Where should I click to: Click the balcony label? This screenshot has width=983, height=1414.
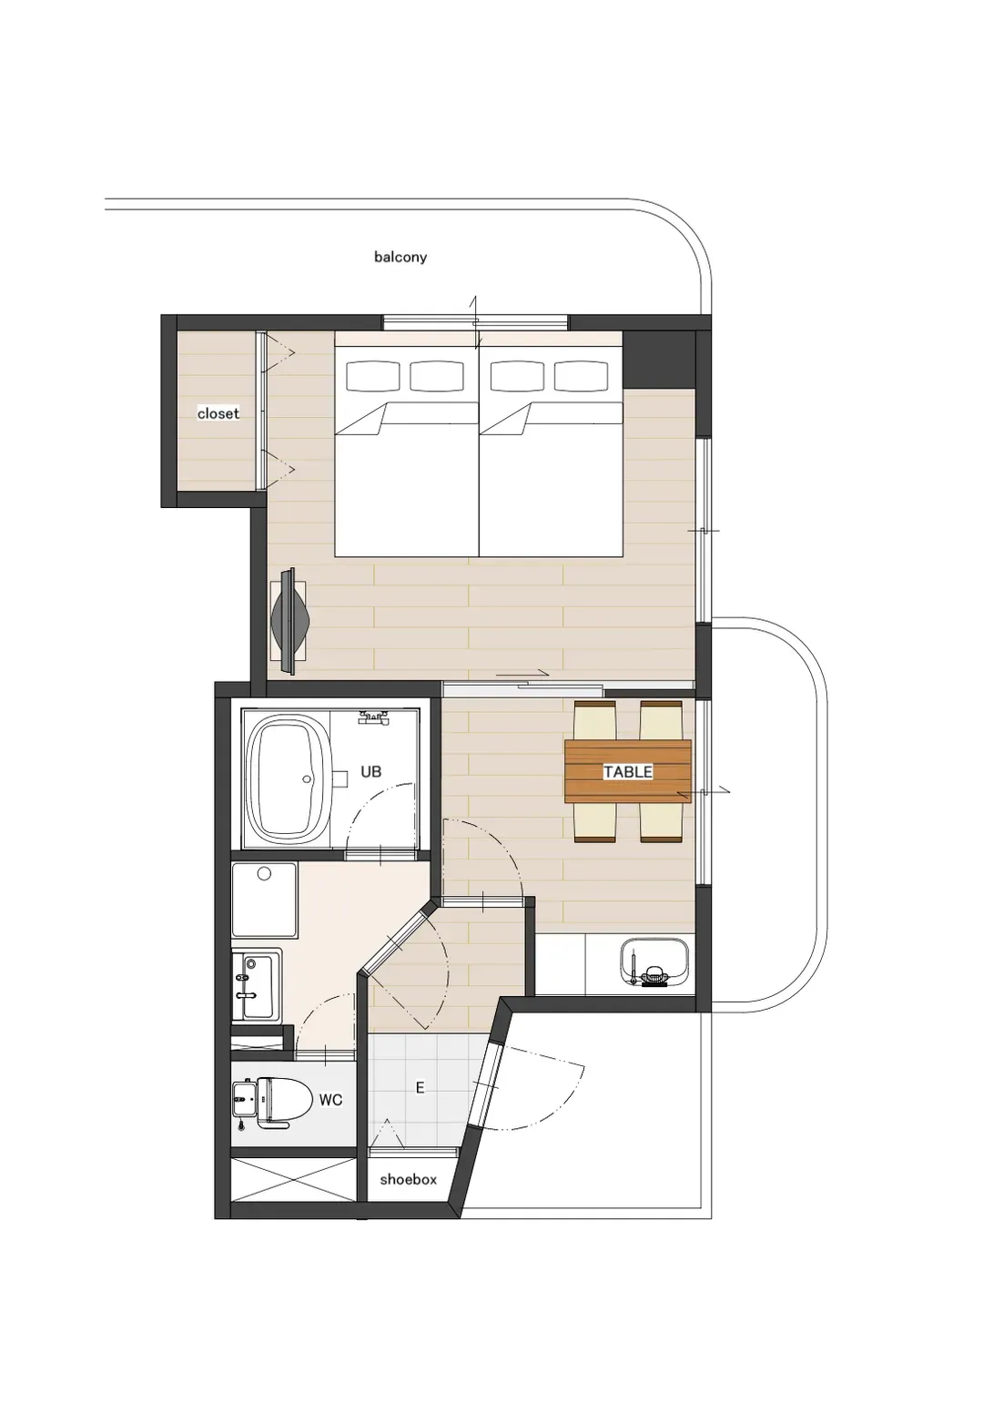400,257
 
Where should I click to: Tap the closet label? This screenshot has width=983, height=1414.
218,413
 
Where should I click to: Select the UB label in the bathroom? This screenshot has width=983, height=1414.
371,771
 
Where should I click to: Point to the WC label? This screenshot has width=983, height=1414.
330,1100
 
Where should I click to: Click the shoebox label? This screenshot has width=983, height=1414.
408,1180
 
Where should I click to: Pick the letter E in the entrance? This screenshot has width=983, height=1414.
420,1087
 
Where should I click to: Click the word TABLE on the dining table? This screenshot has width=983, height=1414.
628,771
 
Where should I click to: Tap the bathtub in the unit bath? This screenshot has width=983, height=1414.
288,779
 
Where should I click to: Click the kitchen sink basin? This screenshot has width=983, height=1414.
654,962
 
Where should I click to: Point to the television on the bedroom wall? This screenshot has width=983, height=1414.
290,621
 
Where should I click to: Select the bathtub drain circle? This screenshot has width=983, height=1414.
308,779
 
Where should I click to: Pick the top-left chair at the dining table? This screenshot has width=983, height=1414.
595,719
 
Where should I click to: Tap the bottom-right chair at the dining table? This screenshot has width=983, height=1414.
661,822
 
